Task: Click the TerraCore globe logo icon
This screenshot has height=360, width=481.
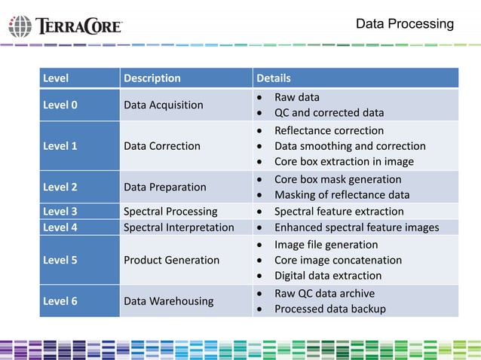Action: pyautogui.click(x=20, y=26)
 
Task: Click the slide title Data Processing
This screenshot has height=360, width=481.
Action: pyautogui.click(x=404, y=24)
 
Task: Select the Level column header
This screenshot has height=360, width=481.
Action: pyautogui.click(x=56, y=78)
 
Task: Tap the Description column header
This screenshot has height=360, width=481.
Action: pyautogui.click(x=152, y=78)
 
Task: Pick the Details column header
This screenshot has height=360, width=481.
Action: pyautogui.click(x=274, y=78)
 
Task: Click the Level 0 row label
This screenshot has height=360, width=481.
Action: pyautogui.click(x=60, y=105)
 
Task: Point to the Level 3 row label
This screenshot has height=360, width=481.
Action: pyautogui.click(x=60, y=212)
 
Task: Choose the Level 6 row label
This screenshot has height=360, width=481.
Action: pyautogui.click(x=60, y=301)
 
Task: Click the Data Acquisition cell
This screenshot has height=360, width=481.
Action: pyautogui.click(x=163, y=105)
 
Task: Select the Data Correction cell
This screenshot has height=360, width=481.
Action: pyautogui.click(x=161, y=146)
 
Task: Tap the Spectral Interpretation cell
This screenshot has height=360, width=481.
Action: pyautogui.click(x=178, y=227)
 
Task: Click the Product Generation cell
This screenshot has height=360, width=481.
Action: pyautogui.click(x=171, y=260)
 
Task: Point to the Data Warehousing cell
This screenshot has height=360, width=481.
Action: pyautogui.click(x=167, y=301)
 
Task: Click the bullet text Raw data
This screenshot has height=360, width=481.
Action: pyautogui.click(x=296, y=97)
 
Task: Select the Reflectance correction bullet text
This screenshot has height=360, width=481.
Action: pyautogui.click(x=329, y=130)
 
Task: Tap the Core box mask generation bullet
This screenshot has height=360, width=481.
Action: pyautogui.click(x=337, y=179)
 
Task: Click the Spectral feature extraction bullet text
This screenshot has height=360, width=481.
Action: pyautogui.click(x=339, y=212)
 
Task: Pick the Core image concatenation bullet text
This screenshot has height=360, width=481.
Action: pyautogui.click(x=338, y=260)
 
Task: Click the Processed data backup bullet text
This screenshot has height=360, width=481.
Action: pyautogui.click(x=329, y=309)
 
